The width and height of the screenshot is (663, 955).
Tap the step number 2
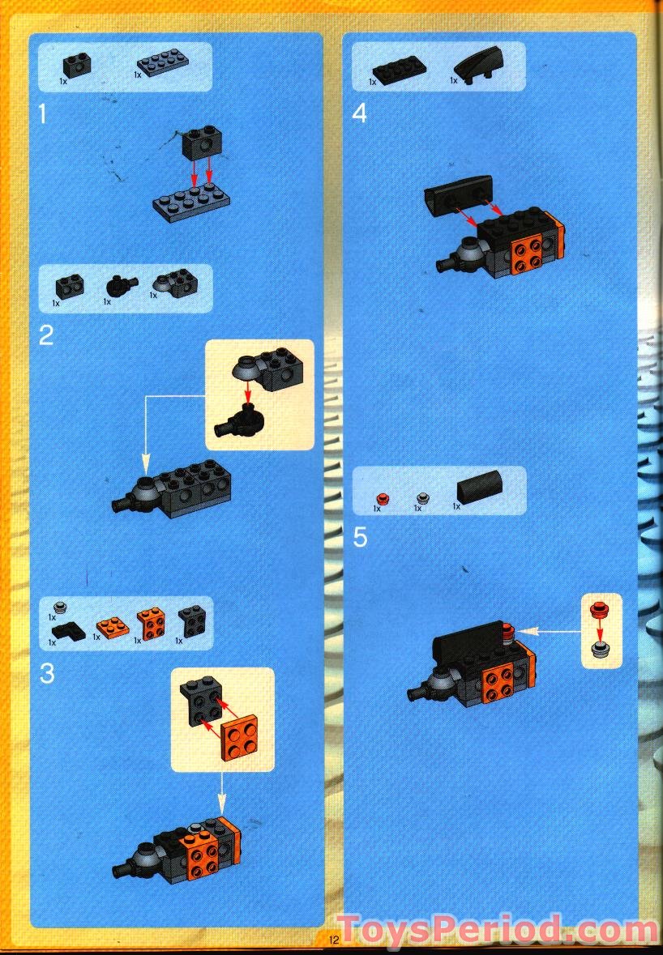click(x=46, y=335)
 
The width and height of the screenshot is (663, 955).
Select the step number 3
click(x=47, y=673)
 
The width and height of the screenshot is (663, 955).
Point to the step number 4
click(x=360, y=113)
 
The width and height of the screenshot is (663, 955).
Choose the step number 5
click(x=361, y=537)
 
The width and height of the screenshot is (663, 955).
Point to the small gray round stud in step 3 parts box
click(x=58, y=608)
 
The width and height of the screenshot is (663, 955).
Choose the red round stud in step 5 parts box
click(x=383, y=498)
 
